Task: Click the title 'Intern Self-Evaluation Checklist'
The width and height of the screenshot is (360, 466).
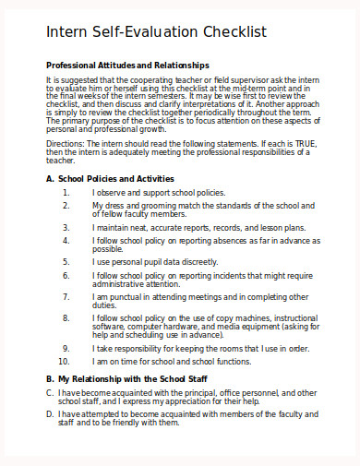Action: point(156,32)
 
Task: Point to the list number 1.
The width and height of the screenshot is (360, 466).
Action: point(66,192)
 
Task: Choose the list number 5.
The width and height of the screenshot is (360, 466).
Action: point(66,261)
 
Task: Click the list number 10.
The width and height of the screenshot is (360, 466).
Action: point(64,361)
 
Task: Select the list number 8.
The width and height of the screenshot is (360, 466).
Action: point(66,317)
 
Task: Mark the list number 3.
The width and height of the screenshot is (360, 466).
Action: point(66,226)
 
